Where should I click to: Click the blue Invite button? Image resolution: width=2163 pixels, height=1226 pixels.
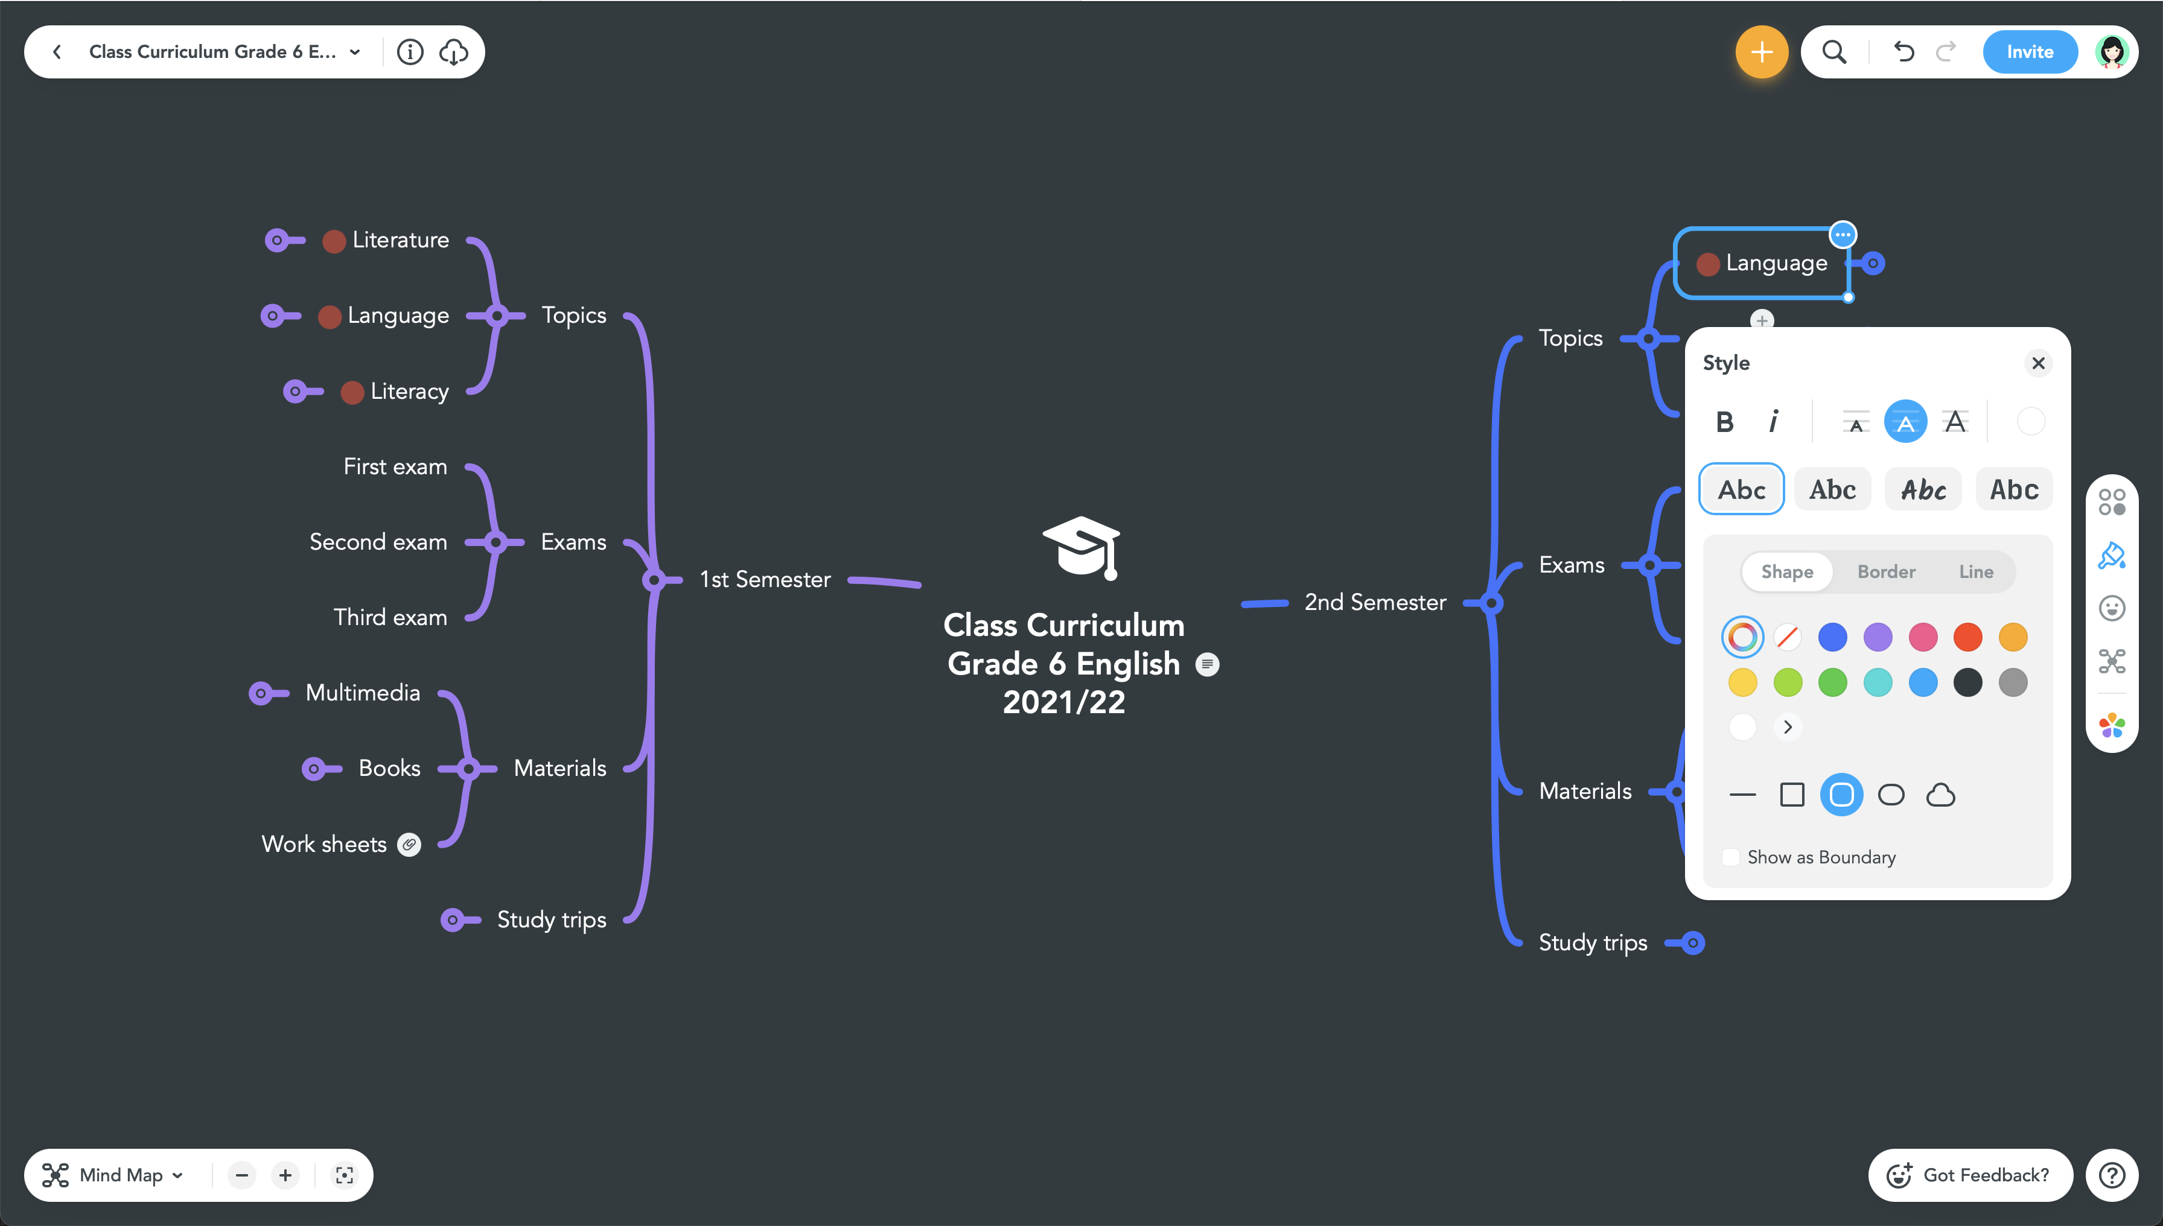pos(2029,52)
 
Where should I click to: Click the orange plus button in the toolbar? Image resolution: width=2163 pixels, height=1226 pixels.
pos(1761,52)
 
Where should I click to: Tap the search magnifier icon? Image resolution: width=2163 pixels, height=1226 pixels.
pos(1833,52)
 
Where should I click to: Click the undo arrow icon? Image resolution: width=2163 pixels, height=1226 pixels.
pos(1903,52)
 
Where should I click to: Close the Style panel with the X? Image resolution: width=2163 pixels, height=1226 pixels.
pos(2038,363)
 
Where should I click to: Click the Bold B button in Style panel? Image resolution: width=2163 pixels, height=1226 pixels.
pos(1724,422)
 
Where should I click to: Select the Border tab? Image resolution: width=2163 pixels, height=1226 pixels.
pos(1886,572)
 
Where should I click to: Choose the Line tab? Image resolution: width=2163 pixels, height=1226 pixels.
pos(1975,572)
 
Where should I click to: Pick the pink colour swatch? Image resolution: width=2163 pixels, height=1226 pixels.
pos(1923,637)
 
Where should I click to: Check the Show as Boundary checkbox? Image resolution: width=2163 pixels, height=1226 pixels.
pos(1731,857)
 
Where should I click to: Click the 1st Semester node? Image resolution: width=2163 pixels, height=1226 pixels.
pos(765,579)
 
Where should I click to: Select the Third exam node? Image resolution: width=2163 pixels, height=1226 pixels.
pos(390,617)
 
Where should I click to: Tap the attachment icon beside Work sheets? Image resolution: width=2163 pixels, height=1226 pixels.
pos(409,845)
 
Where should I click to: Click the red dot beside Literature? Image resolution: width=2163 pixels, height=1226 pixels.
pos(334,242)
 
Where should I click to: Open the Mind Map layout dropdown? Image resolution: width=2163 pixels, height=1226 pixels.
pos(113,1175)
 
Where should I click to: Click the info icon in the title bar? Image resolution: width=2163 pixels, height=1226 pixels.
pos(410,52)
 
